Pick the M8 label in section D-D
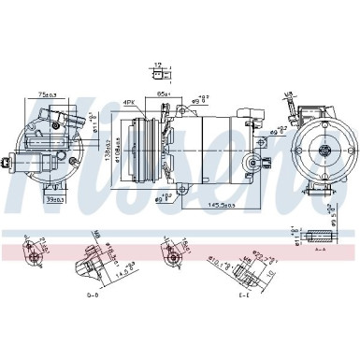(x=95, y=235)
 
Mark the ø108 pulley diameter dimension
(x=122, y=150)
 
